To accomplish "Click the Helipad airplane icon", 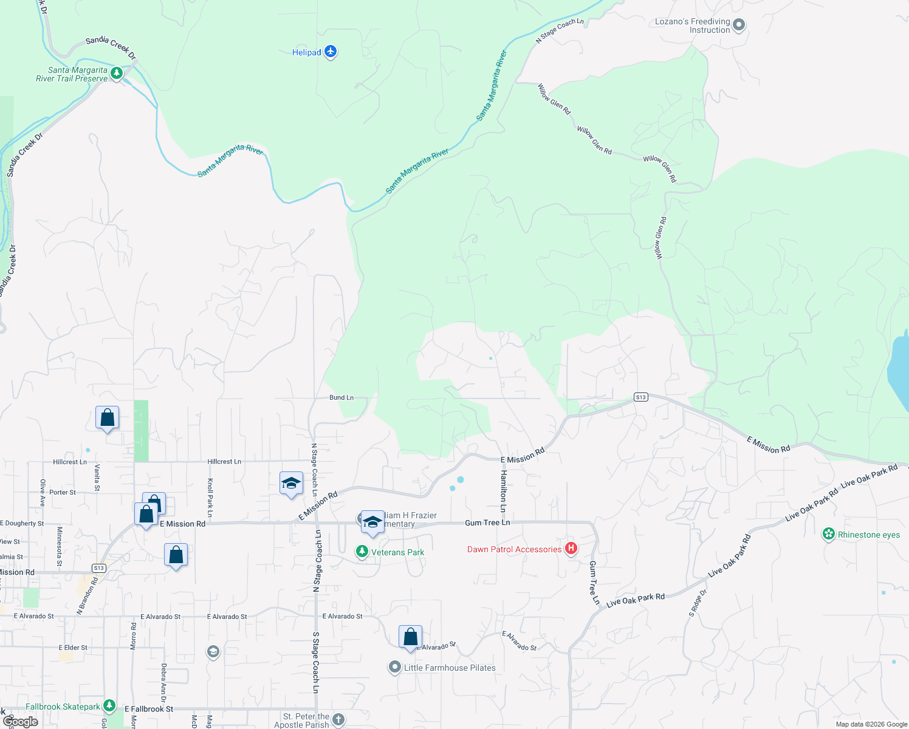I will (x=331, y=52).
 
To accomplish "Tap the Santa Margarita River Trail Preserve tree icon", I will (x=117, y=74).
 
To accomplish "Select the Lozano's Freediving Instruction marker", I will (x=739, y=26).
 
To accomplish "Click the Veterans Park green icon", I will (x=362, y=552).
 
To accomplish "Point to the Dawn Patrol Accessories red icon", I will (x=571, y=549).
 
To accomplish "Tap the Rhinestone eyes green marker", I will (x=828, y=534).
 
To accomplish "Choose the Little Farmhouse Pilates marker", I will (x=395, y=667).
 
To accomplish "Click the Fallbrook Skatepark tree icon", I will (x=109, y=706).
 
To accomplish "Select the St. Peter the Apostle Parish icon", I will (x=338, y=720).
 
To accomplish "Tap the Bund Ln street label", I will (x=341, y=397).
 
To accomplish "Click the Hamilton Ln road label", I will (x=503, y=491).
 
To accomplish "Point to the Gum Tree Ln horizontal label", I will (x=487, y=522).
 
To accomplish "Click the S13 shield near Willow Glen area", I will (x=640, y=397).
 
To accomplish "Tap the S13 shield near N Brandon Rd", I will (x=99, y=568).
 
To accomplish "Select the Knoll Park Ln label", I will (x=210, y=498).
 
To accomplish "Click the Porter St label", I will (x=63, y=492).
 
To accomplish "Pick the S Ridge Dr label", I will (x=698, y=603).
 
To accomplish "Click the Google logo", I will (x=20, y=721).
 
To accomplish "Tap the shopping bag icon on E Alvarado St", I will (x=410, y=638).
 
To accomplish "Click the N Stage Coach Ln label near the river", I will (x=559, y=30).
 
